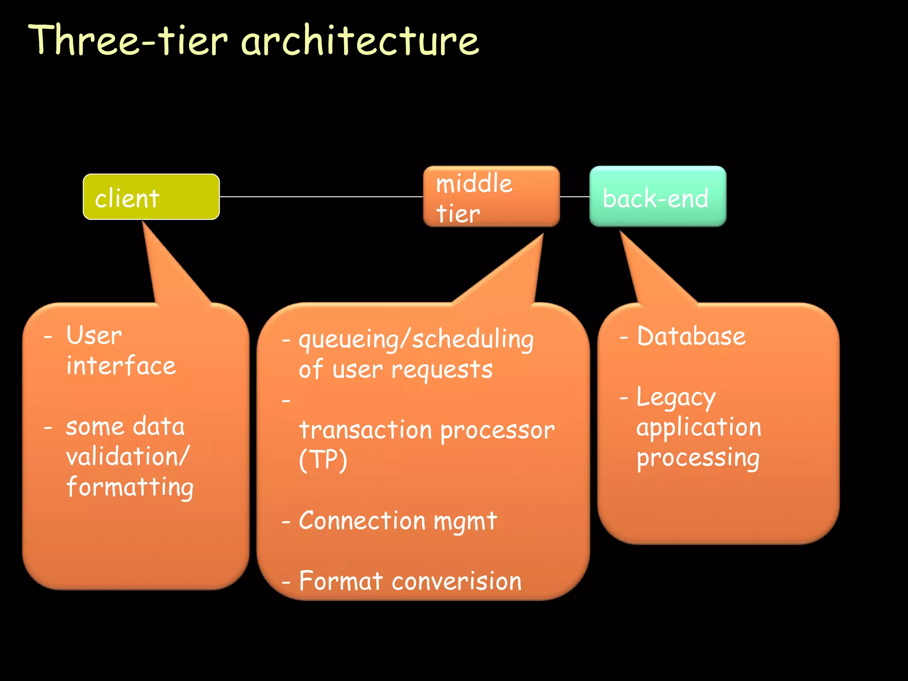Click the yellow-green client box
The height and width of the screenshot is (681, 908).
(151, 196)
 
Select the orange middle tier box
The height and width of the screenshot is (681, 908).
(491, 196)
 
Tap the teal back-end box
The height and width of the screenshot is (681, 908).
(658, 196)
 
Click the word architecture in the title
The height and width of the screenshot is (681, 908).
(360, 41)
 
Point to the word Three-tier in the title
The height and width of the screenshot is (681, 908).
(128, 41)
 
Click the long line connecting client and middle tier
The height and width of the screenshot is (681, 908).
(321, 196)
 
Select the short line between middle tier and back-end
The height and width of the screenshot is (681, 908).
(575, 196)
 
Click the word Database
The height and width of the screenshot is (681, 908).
(691, 336)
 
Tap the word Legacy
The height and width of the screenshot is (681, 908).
(676, 398)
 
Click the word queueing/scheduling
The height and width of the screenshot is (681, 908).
(416, 340)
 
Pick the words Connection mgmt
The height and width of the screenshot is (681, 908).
(397, 521)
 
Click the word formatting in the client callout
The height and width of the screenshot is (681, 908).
(130, 487)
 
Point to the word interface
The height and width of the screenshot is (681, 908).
(121, 366)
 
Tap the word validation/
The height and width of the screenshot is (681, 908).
(128, 457)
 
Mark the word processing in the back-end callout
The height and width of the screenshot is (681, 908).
(698, 458)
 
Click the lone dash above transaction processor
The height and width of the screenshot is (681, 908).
(286, 401)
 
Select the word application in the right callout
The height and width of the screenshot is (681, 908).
(699, 427)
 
